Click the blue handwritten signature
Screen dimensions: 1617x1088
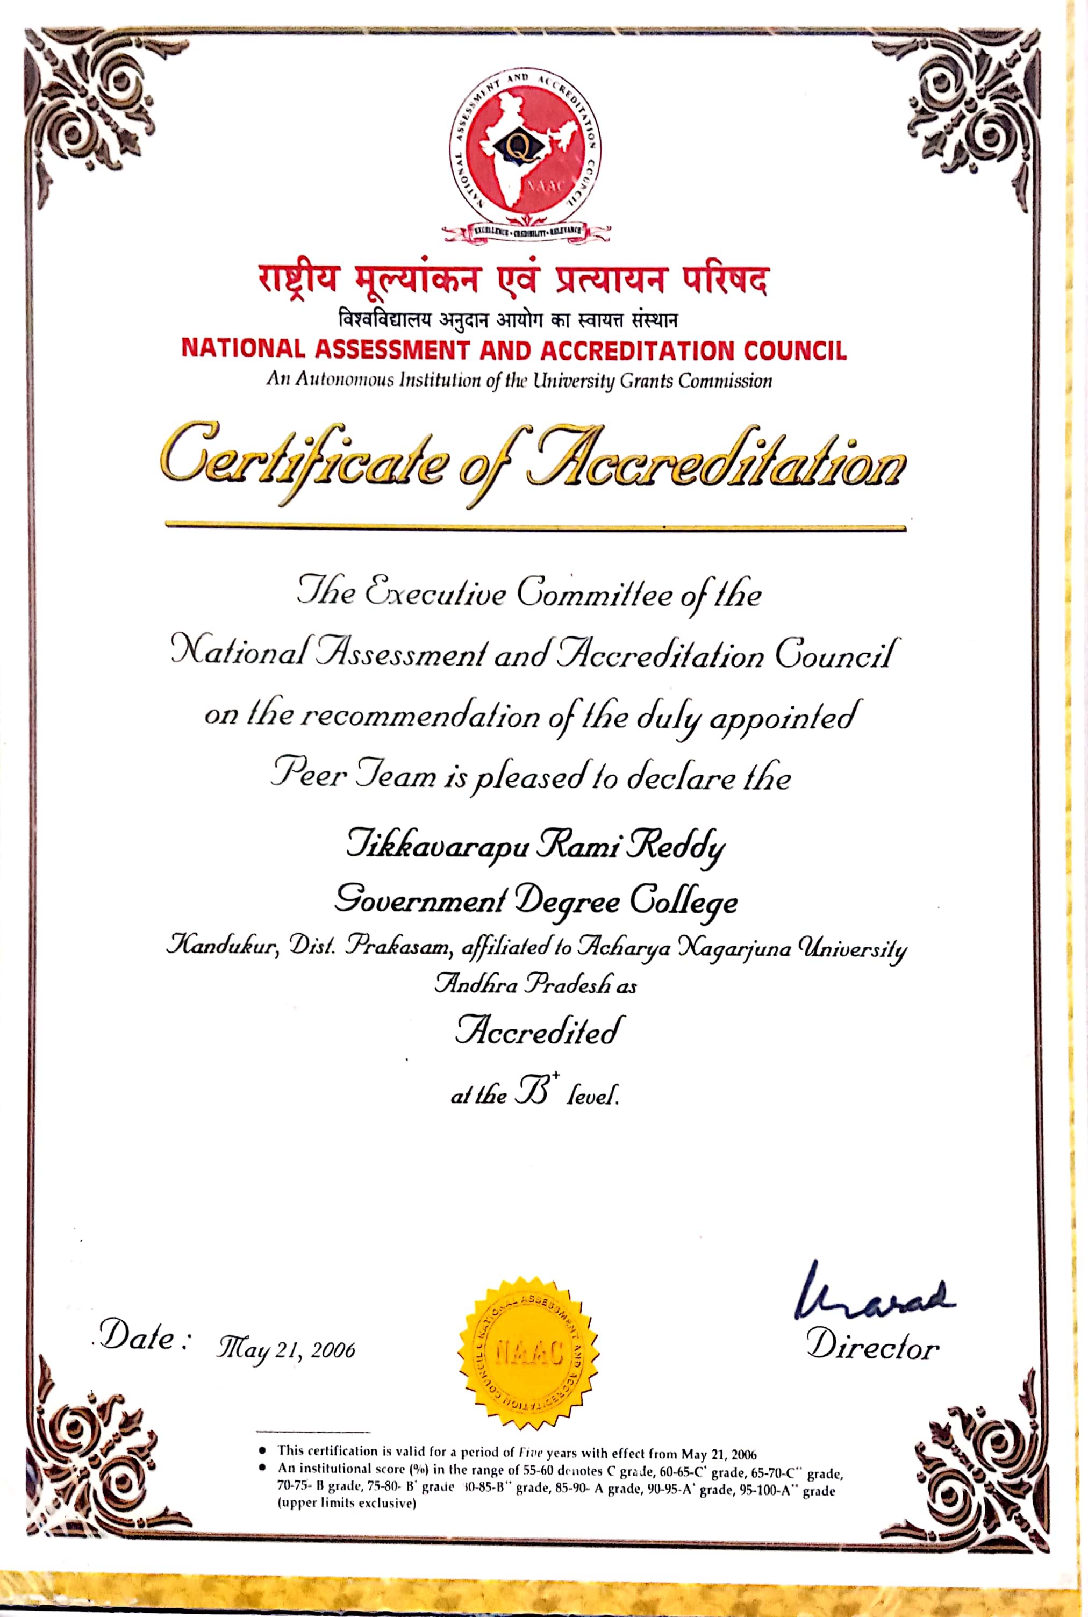(x=874, y=1294)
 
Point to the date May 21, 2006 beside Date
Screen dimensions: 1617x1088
(x=286, y=1350)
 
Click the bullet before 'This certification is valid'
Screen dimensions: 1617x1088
(x=262, y=1450)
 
